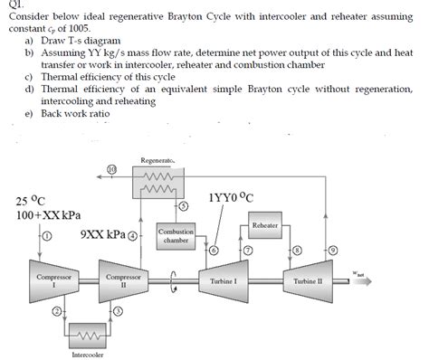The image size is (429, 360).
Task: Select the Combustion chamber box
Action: [176, 237]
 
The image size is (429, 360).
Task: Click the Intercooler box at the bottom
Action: [88, 336]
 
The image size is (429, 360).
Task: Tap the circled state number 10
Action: [112, 168]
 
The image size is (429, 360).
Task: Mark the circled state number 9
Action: [331, 249]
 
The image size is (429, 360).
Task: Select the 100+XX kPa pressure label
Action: [48, 217]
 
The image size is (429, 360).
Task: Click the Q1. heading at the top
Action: [14, 5]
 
